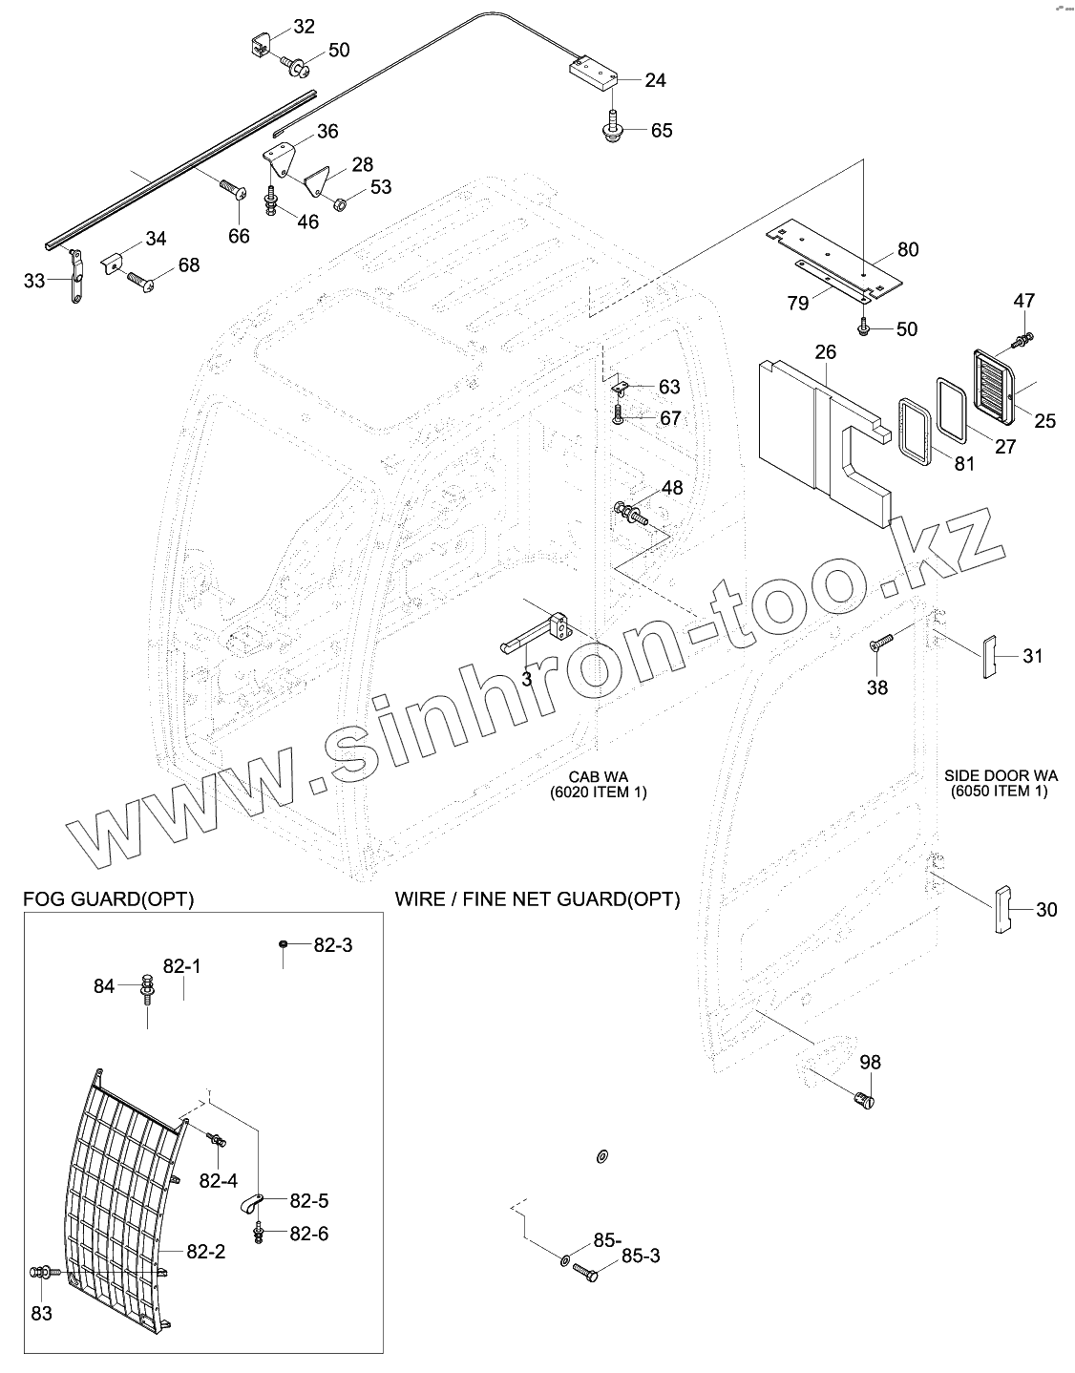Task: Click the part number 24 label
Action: coord(655,80)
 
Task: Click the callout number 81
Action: coord(964,464)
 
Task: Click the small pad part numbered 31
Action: coord(990,657)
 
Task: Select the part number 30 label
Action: coord(1046,910)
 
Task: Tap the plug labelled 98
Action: coord(864,1101)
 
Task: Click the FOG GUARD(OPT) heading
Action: coord(108,899)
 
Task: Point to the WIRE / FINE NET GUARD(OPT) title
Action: coord(537,899)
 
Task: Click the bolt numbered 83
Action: coord(44,1272)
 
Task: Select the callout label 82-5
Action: coord(309,1200)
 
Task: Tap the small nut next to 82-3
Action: coord(285,944)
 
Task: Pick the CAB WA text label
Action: coord(598,777)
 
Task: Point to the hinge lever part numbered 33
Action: coord(76,279)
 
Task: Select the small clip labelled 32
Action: coord(261,44)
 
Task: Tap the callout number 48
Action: coord(672,488)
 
